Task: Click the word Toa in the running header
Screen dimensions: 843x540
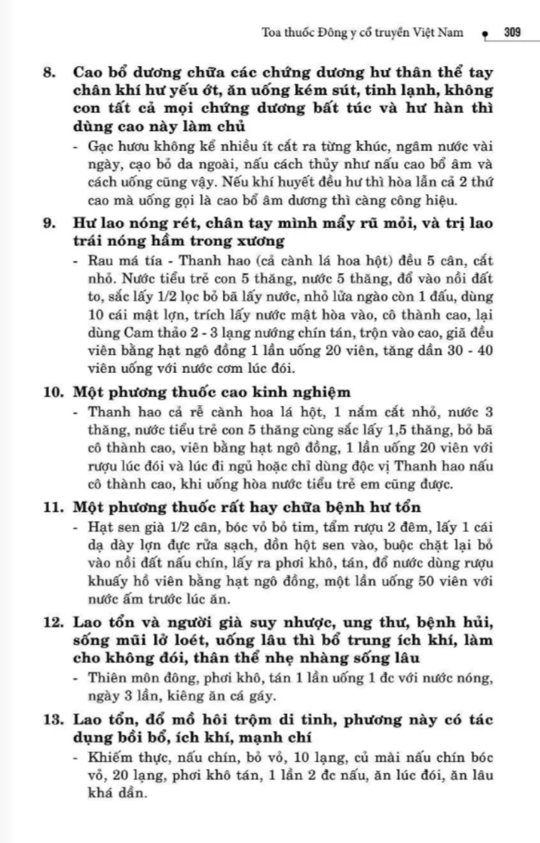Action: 272,32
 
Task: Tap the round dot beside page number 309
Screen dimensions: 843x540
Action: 484,33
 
